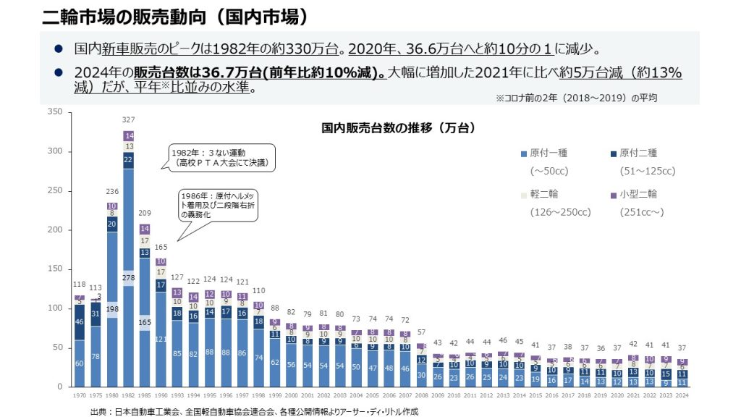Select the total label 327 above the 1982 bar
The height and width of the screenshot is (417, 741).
click(x=129, y=119)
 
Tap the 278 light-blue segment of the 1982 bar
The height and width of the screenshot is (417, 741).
click(x=129, y=277)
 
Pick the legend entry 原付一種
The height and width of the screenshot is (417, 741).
click(x=549, y=153)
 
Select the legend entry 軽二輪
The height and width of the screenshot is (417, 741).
click(x=544, y=194)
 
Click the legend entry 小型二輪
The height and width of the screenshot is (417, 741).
click(x=638, y=194)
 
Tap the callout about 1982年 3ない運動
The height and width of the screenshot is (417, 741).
click(x=222, y=158)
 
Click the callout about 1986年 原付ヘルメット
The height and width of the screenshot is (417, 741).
click(x=218, y=206)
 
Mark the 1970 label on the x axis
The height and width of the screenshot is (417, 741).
click(x=79, y=396)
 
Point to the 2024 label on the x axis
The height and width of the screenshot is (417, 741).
click(x=682, y=396)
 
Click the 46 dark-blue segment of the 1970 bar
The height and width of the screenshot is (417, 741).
click(x=79, y=321)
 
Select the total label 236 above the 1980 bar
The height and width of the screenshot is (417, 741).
click(x=112, y=191)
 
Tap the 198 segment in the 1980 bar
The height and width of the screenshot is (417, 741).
click(x=112, y=310)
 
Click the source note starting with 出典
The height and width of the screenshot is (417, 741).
click(x=253, y=410)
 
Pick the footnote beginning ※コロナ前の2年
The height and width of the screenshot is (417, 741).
click(x=575, y=97)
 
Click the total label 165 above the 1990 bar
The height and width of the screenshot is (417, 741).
click(x=161, y=248)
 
